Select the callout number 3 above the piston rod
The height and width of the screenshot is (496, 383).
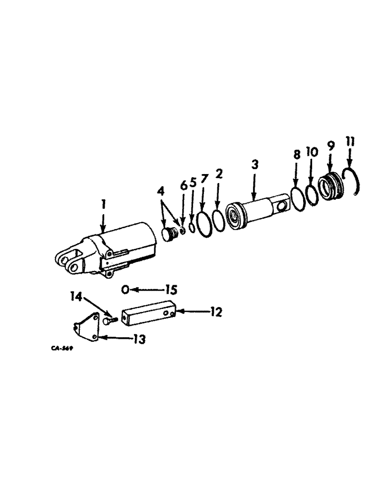click(x=255, y=164)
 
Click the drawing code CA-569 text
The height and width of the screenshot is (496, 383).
click(x=62, y=348)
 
